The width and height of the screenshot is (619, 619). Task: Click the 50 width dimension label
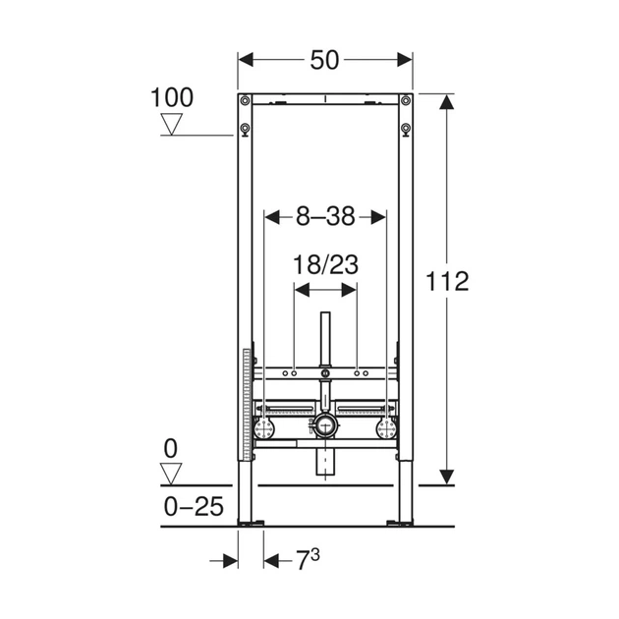(324, 60)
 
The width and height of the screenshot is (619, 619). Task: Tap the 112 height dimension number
(447, 281)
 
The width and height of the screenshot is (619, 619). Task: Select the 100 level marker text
(172, 97)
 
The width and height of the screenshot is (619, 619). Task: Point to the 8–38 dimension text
(325, 217)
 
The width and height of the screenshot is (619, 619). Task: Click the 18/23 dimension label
(325, 264)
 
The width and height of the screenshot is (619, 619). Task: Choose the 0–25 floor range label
(194, 506)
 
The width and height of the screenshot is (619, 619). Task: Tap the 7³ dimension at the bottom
(308, 559)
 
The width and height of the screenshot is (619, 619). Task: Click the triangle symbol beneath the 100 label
(172, 124)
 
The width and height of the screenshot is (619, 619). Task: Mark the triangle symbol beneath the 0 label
(171, 474)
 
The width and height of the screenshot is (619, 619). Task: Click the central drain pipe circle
(325, 425)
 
